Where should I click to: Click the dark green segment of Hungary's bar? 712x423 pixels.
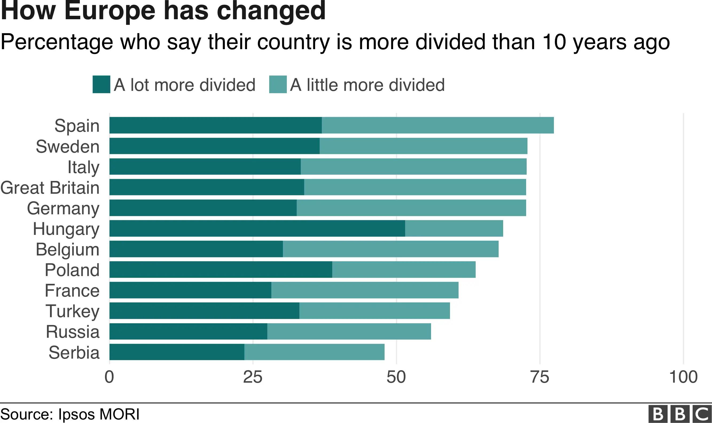[257, 228]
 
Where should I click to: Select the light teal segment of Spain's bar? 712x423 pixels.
[438, 125]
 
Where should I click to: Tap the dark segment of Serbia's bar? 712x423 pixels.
[177, 352]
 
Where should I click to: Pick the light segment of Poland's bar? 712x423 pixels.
[404, 269]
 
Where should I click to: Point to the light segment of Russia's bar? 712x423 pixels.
[349, 331]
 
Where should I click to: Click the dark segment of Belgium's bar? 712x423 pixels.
[196, 249]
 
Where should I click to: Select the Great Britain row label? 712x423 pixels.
[50, 188]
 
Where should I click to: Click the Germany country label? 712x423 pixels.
[63, 208]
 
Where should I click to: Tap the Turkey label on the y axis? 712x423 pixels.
[72, 311]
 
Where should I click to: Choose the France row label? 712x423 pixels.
[72, 290]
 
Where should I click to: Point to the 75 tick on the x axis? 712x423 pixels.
[540, 377]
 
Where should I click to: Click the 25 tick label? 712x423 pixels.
[253, 377]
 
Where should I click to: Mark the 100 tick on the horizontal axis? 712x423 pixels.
[683, 377]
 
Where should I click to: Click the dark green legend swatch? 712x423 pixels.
[101, 84]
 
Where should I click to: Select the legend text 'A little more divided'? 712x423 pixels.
[367, 85]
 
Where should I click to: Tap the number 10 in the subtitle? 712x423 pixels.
[554, 42]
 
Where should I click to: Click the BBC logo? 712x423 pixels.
[680, 414]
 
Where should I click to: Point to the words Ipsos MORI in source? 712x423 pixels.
[99, 414]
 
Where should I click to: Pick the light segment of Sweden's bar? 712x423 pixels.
[423, 146]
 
